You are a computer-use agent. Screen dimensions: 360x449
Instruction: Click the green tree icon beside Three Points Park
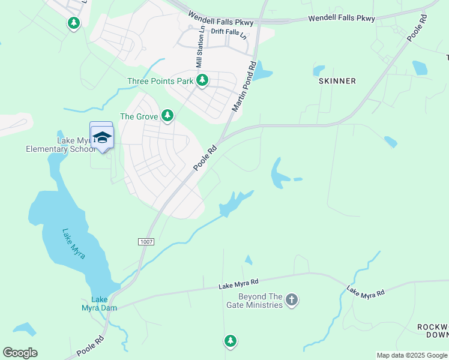(x=203, y=80)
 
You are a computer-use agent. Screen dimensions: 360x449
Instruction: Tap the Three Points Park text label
(x=160, y=81)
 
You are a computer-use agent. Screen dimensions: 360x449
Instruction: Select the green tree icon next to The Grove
(x=167, y=115)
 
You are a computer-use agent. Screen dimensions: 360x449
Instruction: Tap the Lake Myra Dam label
(x=100, y=304)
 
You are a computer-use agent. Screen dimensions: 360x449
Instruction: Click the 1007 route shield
(x=146, y=242)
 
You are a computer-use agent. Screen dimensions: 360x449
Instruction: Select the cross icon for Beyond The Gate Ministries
(x=291, y=299)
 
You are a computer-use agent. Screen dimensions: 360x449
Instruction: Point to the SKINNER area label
(x=337, y=81)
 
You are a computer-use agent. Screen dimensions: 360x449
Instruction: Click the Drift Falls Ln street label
(x=229, y=33)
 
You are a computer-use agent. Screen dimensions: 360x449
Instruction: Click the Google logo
(x=20, y=352)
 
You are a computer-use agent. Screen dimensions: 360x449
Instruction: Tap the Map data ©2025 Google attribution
(x=412, y=355)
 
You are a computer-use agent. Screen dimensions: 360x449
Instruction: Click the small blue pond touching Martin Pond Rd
(x=262, y=73)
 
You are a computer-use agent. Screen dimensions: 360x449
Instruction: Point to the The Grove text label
(x=139, y=116)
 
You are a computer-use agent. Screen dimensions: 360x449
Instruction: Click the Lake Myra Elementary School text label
(x=60, y=145)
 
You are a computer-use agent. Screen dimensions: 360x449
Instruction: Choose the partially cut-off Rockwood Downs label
(x=433, y=331)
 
